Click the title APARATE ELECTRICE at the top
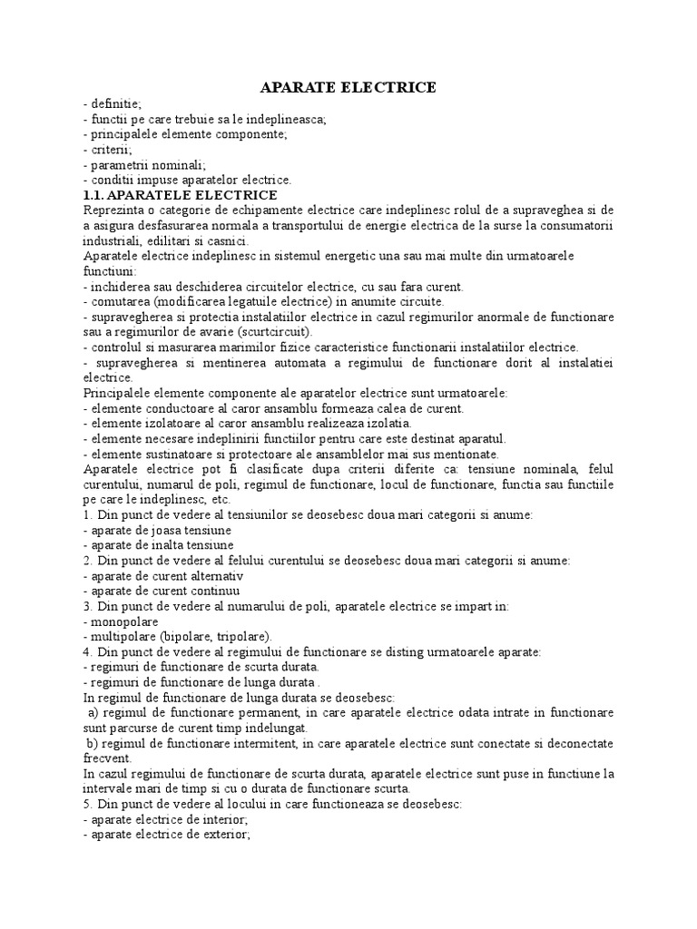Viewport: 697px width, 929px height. point(348,88)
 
